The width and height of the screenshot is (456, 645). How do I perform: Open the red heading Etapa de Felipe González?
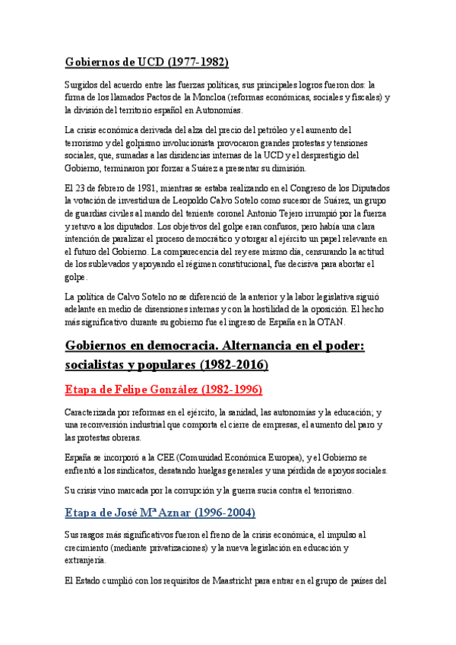click(x=163, y=390)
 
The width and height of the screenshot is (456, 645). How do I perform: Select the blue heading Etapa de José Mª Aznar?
click(x=160, y=513)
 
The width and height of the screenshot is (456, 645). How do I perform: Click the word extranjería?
click(x=85, y=561)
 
